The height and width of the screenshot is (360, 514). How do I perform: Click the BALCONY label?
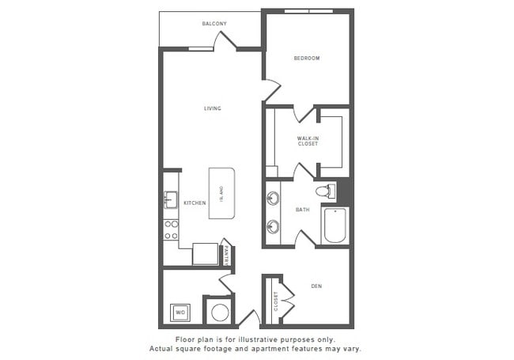click(214, 24)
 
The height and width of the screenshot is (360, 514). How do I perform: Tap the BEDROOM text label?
click(307, 58)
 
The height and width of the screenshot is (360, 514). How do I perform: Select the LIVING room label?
click(212, 108)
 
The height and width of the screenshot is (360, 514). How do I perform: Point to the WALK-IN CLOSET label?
click(308, 141)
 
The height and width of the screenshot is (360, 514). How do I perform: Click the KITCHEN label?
click(195, 203)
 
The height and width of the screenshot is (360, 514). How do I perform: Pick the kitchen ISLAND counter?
click(222, 192)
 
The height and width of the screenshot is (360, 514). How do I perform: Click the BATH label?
click(302, 210)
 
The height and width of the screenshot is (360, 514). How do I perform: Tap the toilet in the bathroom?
click(324, 191)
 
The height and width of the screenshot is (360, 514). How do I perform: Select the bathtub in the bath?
click(335, 225)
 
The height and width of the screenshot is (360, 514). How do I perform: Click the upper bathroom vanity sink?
click(274, 198)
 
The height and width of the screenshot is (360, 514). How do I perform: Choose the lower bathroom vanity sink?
click(274, 226)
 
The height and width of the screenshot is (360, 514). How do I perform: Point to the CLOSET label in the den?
click(276, 301)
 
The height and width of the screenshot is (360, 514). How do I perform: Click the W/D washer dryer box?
click(180, 312)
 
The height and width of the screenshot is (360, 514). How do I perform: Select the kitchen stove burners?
click(171, 229)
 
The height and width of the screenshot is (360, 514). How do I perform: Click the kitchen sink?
click(169, 199)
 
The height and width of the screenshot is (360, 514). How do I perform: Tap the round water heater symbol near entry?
click(218, 311)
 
